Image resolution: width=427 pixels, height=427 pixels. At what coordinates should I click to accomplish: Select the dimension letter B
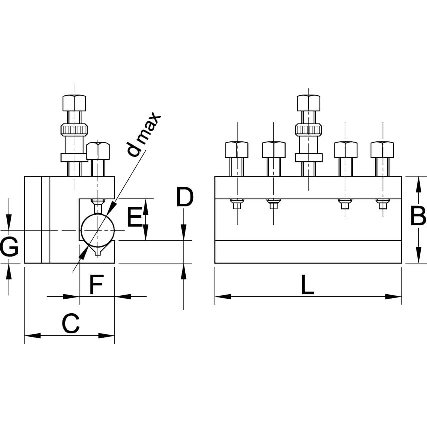[x=418, y=217]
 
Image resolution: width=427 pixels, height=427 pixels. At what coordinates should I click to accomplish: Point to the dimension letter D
[x=184, y=198]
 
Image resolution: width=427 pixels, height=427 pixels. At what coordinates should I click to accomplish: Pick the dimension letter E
[x=134, y=218]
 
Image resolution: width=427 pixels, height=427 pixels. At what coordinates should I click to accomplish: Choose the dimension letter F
[x=96, y=285]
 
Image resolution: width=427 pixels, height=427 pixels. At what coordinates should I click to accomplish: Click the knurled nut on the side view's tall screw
[x=75, y=130]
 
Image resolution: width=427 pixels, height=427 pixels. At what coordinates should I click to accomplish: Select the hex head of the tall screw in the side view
[x=75, y=103]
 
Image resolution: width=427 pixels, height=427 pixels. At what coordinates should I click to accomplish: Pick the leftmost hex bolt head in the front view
[x=236, y=149]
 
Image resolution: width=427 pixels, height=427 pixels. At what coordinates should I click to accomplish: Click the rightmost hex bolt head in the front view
[x=382, y=149]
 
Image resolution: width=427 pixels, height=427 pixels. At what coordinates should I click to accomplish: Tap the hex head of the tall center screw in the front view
[x=308, y=103]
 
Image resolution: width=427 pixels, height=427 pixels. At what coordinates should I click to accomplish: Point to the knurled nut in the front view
[x=308, y=130]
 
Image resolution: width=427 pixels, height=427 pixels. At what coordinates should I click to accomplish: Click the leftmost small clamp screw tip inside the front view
[x=236, y=204]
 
